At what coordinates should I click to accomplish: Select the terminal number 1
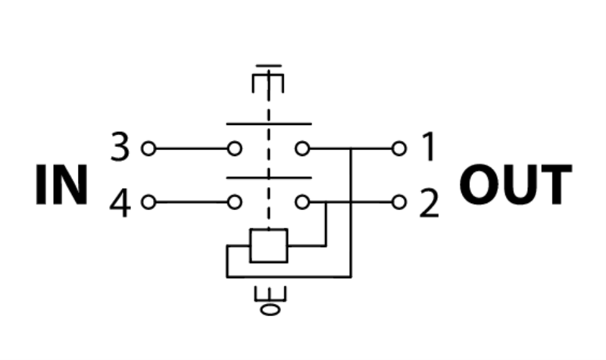(428, 148)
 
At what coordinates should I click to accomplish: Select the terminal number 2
(429, 203)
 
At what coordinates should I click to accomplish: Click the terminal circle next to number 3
(148, 148)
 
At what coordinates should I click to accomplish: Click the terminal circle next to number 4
(148, 202)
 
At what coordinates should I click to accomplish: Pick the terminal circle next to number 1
(399, 148)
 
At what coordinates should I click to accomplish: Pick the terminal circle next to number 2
(399, 202)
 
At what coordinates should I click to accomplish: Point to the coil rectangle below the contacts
(268, 245)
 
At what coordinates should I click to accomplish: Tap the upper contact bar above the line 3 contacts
(268, 124)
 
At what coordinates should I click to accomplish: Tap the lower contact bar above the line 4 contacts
(268, 179)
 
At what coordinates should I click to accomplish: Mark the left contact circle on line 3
(235, 148)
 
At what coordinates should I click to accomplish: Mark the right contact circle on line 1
(302, 148)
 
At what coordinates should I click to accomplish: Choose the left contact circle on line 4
(235, 202)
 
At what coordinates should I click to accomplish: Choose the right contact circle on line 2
(302, 202)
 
